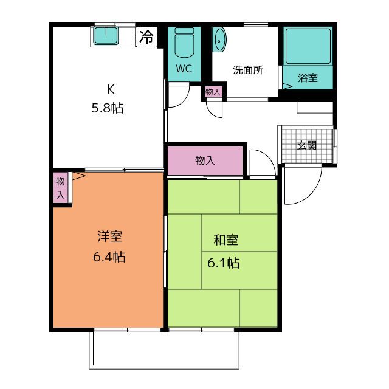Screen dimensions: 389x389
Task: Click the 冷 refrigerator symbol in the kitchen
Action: click(146, 36)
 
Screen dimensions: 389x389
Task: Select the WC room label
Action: click(184, 69)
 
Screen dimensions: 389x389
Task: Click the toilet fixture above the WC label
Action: click(183, 44)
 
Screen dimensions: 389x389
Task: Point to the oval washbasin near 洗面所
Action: click(219, 40)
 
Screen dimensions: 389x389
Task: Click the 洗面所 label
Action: click(248, 69)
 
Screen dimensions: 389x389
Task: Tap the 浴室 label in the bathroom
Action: click(308, 77)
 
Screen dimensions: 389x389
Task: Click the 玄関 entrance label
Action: click(307, 145)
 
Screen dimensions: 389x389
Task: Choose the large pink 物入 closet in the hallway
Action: click(205, 160)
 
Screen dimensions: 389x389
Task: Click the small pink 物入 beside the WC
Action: click(213, 92)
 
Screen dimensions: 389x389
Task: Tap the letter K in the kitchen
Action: click(110, 89)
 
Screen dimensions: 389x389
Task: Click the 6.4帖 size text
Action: click(109, 256)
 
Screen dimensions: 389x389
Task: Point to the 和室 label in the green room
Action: click(225, 240)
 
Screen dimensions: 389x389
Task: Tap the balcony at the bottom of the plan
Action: click(163, 350)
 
